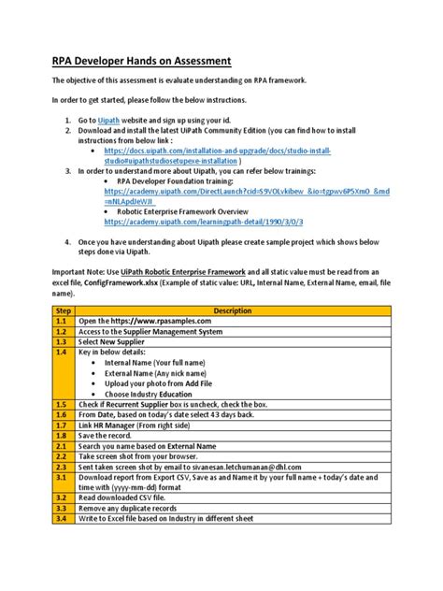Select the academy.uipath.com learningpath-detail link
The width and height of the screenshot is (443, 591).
coord(204,223)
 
